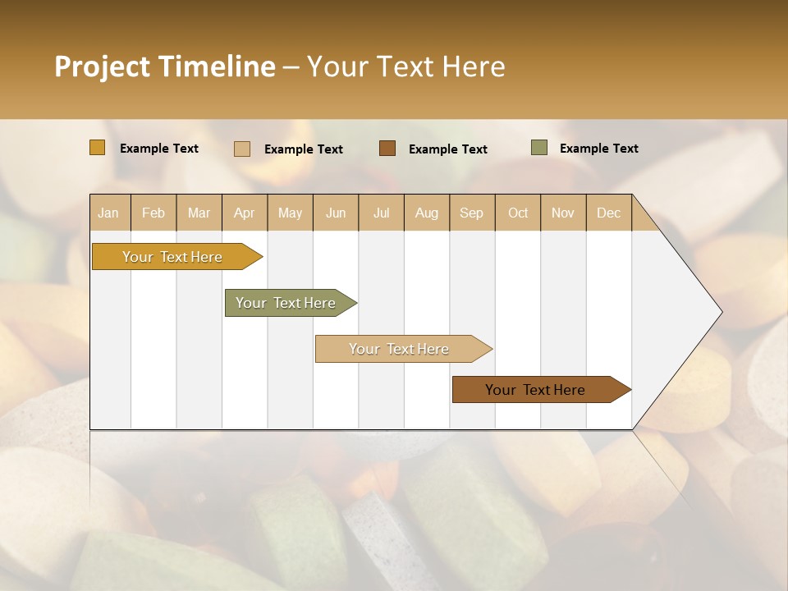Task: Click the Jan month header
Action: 109,213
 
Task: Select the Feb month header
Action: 153,213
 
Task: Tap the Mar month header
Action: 199,213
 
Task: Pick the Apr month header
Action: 245,213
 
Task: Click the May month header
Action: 290,213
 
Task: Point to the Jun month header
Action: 336,213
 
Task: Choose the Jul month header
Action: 381,213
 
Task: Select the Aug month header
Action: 427,213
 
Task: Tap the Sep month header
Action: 472,213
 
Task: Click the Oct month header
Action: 518,213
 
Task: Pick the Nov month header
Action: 563,213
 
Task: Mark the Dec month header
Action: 609,213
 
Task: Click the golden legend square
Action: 98,148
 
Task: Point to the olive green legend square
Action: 539,148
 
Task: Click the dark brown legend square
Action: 387,148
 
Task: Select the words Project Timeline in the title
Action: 165,66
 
